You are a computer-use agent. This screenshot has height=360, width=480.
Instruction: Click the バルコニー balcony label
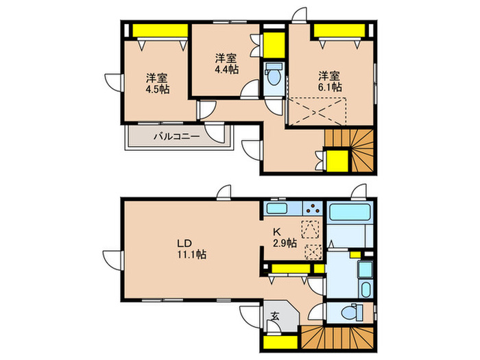pos(176,136)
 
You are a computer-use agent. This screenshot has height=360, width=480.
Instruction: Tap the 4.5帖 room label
pos(157,83)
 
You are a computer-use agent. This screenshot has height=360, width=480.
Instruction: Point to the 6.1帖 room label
pos(329,81)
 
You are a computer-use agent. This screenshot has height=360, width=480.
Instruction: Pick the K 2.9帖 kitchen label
pos(283,237)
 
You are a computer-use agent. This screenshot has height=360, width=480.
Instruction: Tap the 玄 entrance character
pos(274,316)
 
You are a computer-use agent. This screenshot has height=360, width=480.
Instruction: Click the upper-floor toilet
pos(272,75)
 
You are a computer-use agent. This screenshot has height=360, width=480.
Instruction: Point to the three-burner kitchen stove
pos(313,208)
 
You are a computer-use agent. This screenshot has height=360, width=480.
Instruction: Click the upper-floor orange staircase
pos(350,149)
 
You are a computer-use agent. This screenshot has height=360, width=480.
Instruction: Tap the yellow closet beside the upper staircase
pos(337,162)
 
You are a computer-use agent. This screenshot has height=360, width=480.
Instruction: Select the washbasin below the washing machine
pos(364,288)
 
